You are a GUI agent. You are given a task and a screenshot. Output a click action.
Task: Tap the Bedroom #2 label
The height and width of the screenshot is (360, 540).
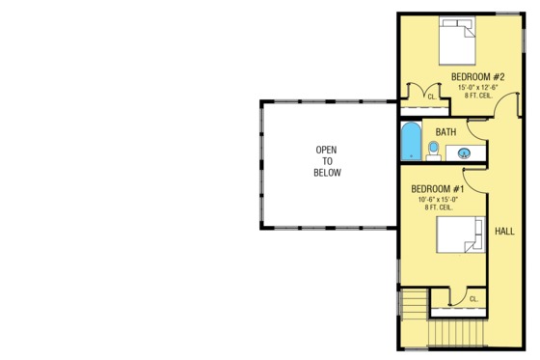(x=478, y=75)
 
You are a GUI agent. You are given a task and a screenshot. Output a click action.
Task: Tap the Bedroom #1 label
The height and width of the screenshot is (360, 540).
(x=438, y=188)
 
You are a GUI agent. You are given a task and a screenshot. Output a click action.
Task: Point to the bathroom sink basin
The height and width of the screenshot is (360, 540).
(x=464, y=152)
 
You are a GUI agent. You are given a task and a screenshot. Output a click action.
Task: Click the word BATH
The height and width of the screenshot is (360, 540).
(x=445, y=131)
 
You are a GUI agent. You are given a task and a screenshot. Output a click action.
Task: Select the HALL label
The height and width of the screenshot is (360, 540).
(x=504, y=232)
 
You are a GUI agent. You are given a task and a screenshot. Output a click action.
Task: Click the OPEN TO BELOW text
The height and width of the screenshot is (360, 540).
(x=327, y=161)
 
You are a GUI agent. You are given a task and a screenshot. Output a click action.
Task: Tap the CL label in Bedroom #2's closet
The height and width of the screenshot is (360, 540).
(x=431, y=97)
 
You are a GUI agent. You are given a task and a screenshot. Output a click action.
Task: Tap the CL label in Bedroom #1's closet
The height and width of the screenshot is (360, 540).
(x=473, y=299)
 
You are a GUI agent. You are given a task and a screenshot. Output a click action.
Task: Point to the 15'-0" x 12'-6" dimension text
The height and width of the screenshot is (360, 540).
(x=477, y=88)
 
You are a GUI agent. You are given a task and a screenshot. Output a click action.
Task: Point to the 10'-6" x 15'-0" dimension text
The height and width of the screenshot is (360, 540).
(x=439, y=200)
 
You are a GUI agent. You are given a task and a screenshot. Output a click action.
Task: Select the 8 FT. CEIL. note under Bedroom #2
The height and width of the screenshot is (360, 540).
(x=477, y=97)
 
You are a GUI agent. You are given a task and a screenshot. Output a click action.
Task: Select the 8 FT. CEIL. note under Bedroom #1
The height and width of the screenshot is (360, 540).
(x=439, y=209)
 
